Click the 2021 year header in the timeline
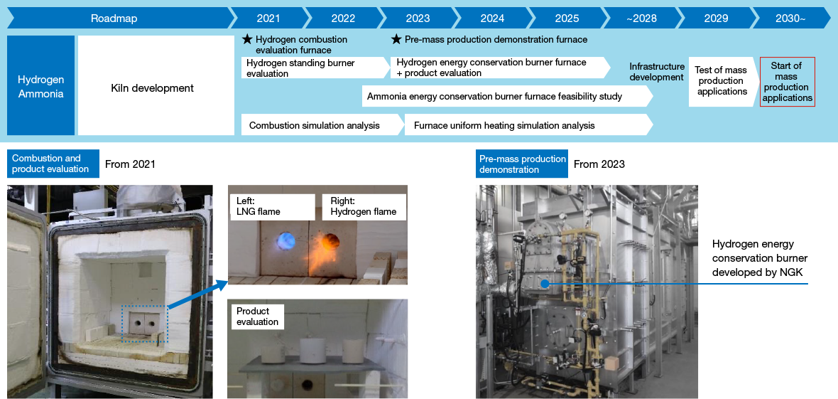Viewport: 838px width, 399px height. pyautogui.click(x=268, y=18)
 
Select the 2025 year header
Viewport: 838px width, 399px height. pyautogui.click(x=567, y=18)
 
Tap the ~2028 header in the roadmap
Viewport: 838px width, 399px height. pyautogui.click(x=641, y=18)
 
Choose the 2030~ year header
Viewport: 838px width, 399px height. pyautogui.click(x=790, y=18)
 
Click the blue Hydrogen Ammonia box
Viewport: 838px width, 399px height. pyautogui.click(x=40, y=86)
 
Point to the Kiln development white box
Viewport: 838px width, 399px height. pyautogui.click(x=156, y=86)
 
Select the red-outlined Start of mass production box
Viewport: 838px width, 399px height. pyautogui.click(x=787, y=82)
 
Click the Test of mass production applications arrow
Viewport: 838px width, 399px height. pyautogui.click(x=722, y=81)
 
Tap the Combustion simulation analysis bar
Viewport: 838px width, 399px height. pyautogui.click(x=315, y=125)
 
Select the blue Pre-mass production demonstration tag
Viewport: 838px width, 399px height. pyautogui.click(x=523, y=164)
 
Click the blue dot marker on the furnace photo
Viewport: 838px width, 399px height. pyautogui.click(x=543, y=283)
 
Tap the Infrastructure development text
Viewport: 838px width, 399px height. pyautogui.click(x=657, y=72)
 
